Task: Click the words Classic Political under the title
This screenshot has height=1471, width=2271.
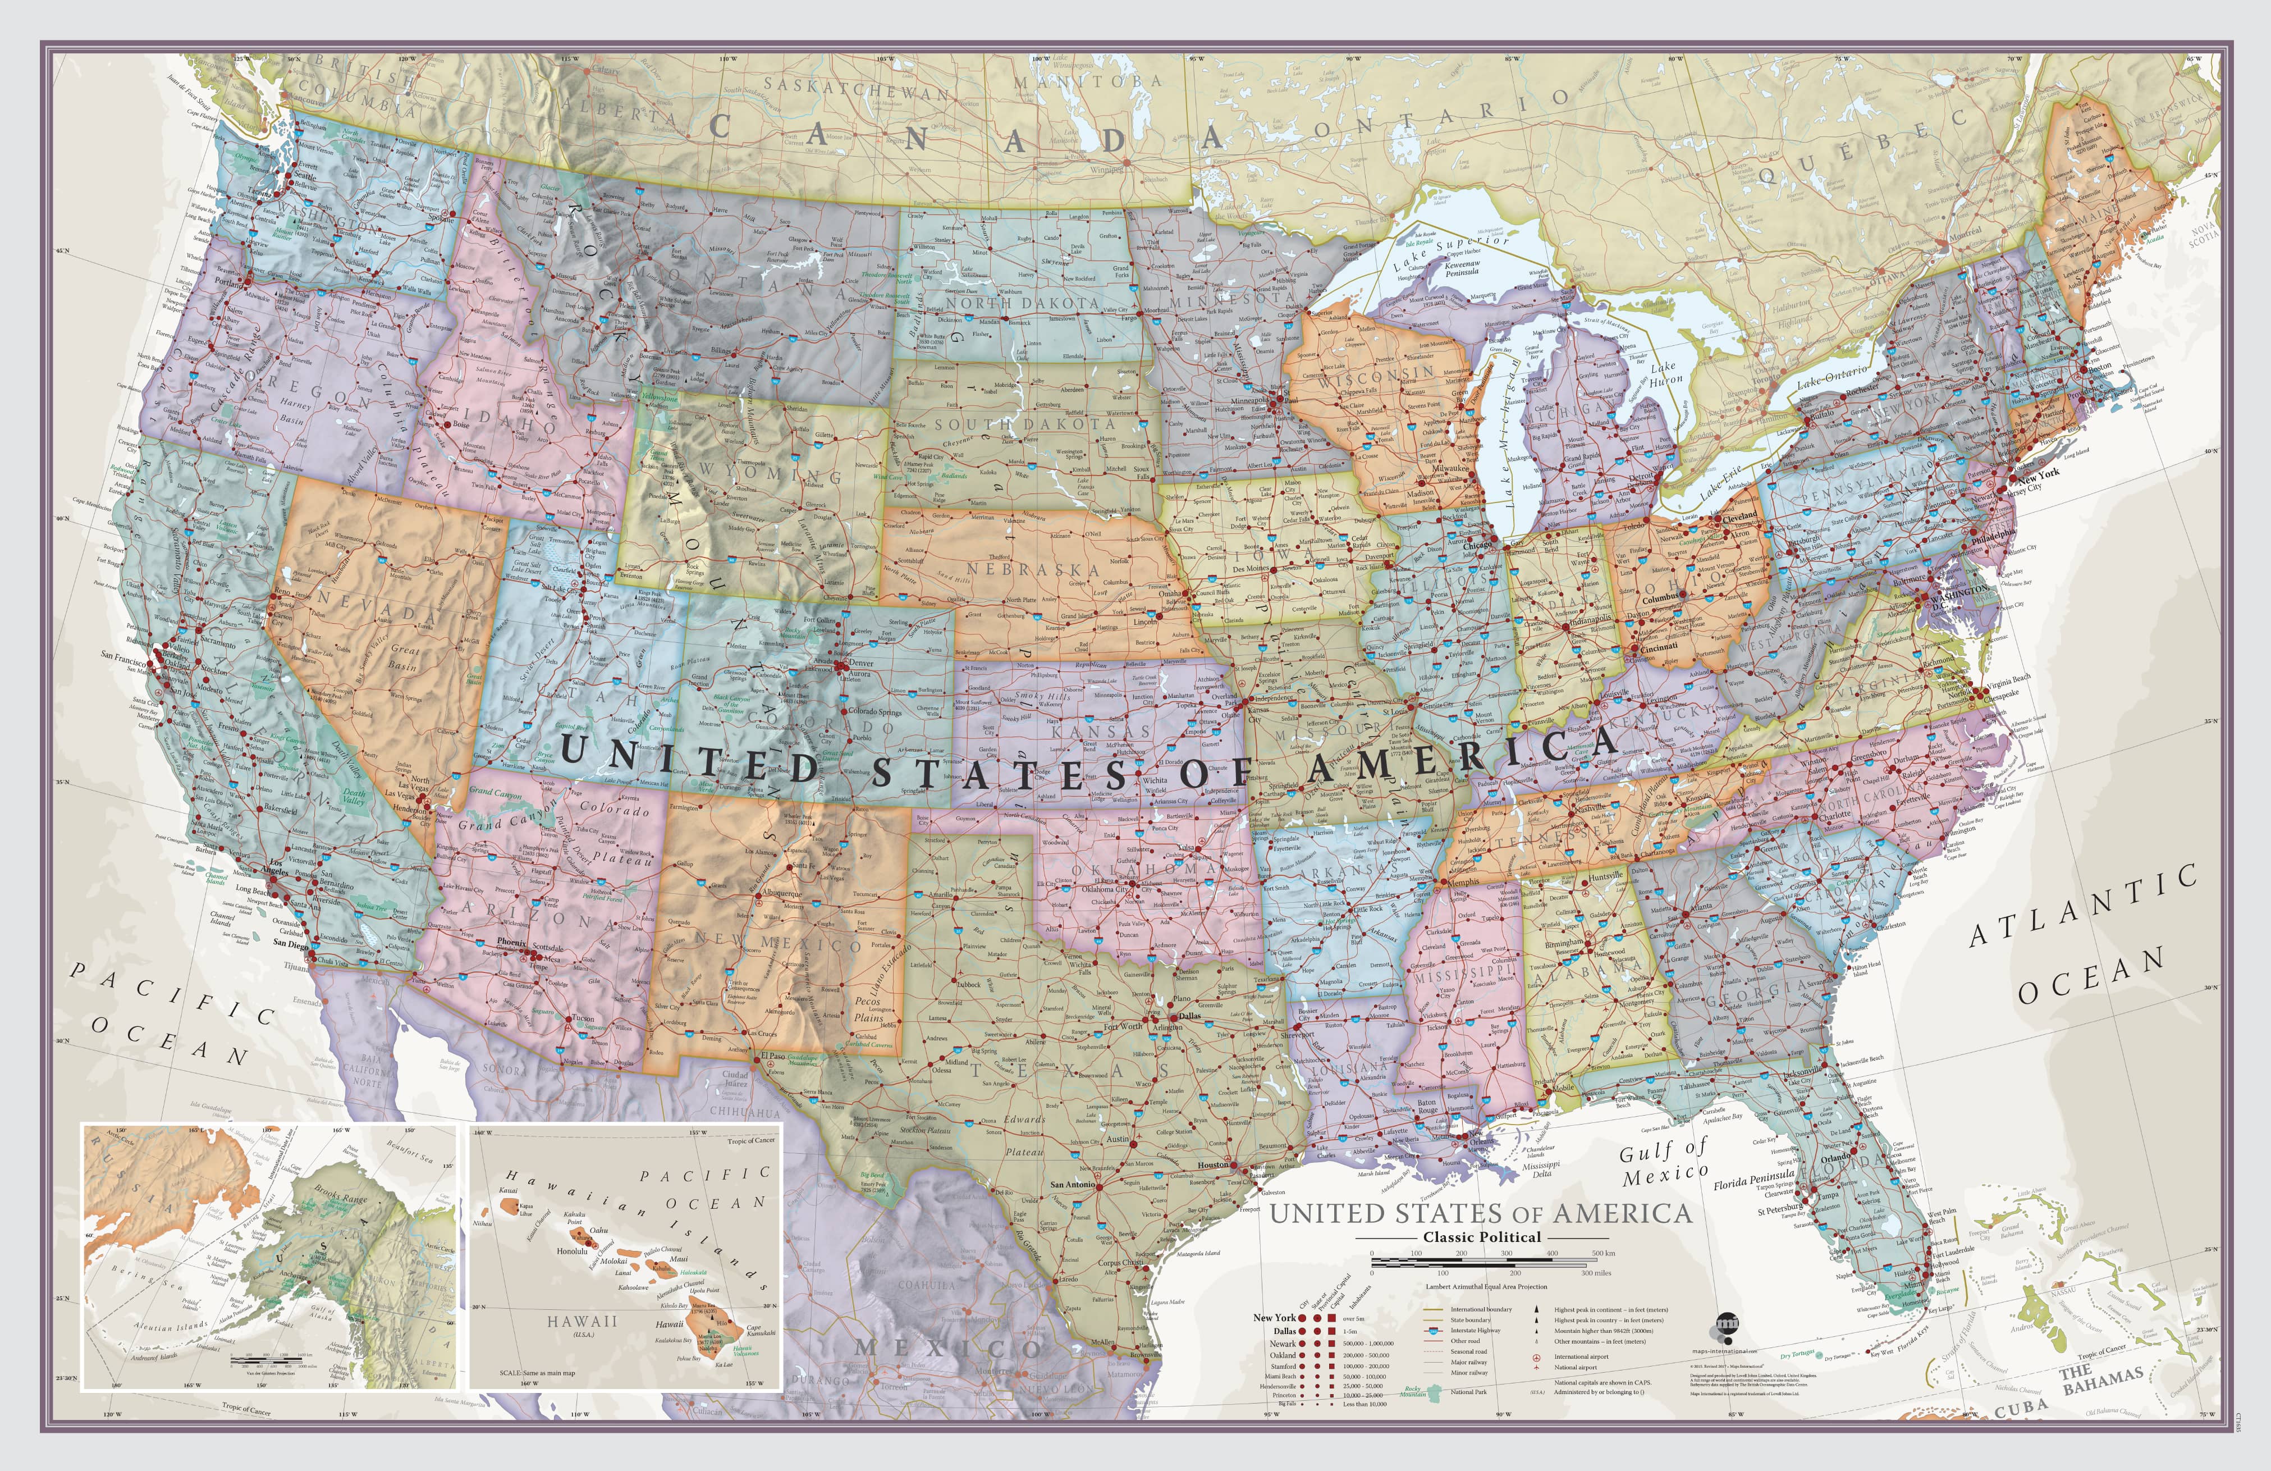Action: coord(1482,1237)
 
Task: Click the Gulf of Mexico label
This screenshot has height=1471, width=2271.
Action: coord(1664,1164)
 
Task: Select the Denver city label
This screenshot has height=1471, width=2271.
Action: coord(860,663)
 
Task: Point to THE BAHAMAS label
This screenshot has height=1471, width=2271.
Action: coord(2101,1380)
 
